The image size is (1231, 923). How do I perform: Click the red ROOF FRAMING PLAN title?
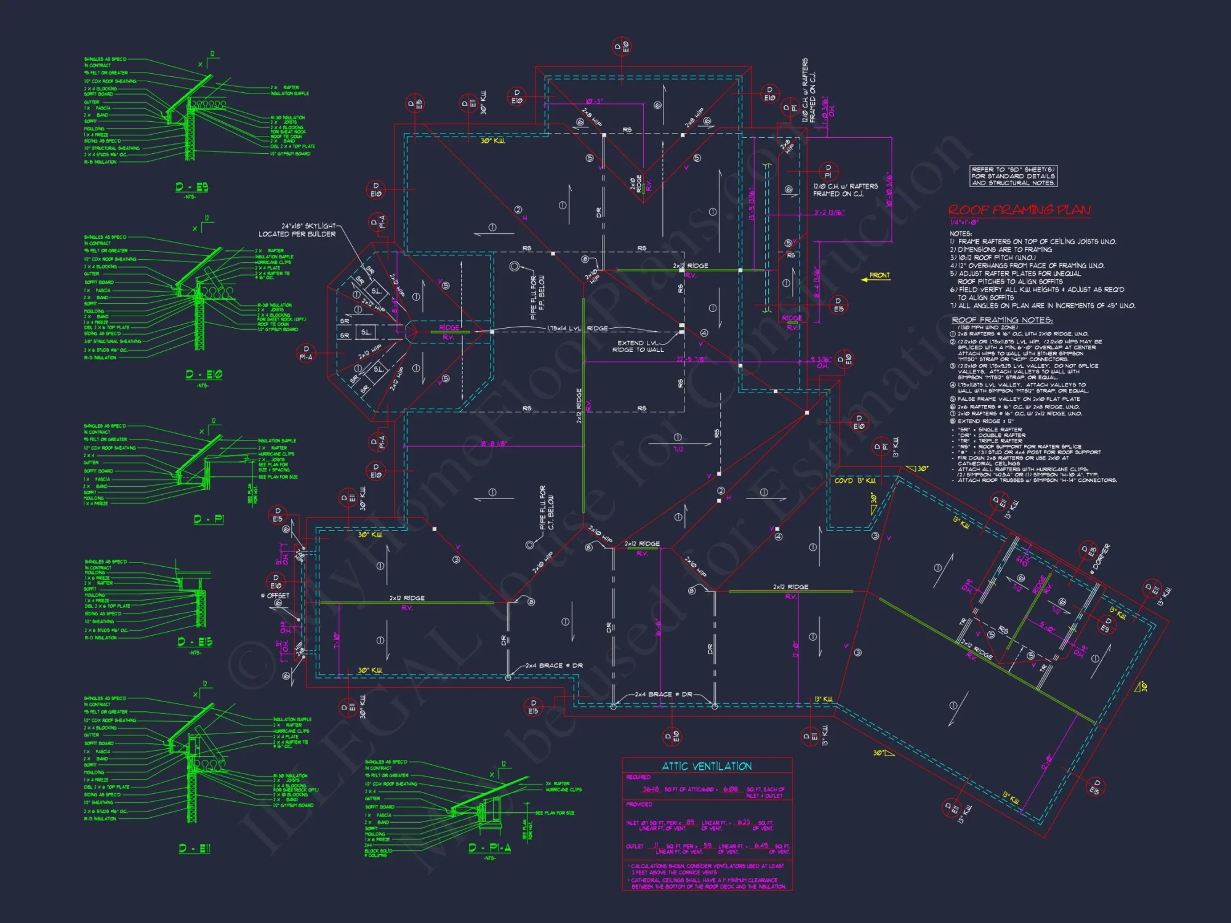point(1019,210)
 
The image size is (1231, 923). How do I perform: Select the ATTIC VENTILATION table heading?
point(707,766)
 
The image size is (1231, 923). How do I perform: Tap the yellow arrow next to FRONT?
point(865,279)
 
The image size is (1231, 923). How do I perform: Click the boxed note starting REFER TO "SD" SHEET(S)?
point(1013,176)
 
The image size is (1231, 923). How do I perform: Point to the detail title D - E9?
point(191,187)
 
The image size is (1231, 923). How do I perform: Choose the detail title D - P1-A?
point(489,848)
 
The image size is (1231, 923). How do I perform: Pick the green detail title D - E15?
point(194,642)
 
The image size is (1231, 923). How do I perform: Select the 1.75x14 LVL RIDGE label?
point(577,329)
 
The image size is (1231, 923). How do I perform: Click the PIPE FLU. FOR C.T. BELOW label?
point(547,508)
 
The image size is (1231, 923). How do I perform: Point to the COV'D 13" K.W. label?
point(855,481)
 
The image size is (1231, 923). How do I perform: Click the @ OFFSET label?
point(275,596)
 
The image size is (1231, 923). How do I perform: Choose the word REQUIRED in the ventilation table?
point(638,777)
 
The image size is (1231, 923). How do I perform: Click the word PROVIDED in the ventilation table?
point(639,804)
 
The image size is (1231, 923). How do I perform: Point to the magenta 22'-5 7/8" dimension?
point(691,359)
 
